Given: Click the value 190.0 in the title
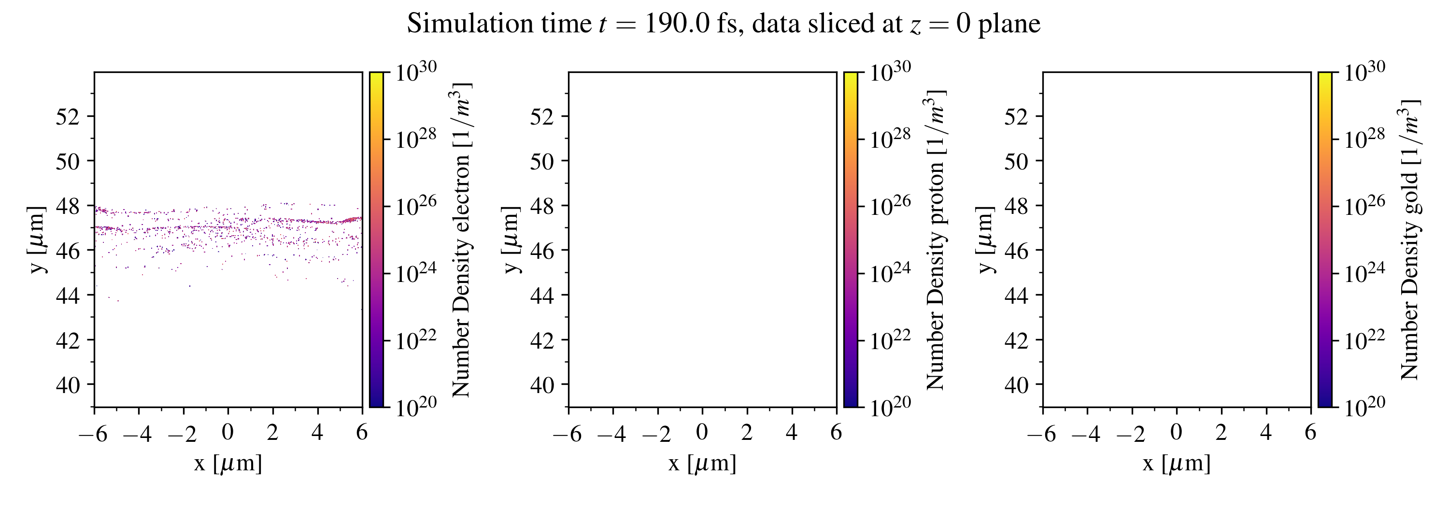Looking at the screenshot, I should (677, 24).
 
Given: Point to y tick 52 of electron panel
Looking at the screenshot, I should (68, 117).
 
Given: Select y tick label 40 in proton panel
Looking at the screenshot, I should (542, 385).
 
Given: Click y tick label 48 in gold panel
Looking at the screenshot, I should (1016, 206).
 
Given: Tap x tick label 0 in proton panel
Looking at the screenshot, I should (702, 432).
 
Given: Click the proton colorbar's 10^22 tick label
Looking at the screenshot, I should (890, 338).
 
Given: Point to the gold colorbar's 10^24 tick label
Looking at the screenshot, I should (1364, 271).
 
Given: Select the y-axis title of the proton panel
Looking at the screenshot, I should (511, 239).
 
